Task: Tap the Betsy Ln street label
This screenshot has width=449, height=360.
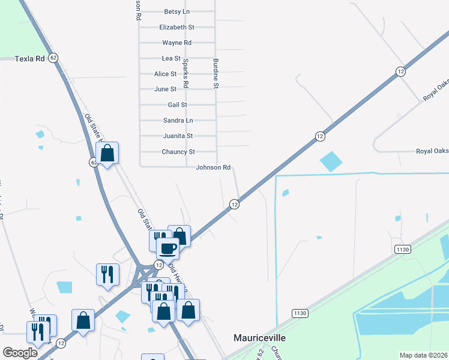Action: pyautogui.click(x=176, y=11)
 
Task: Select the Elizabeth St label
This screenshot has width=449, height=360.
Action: pyautogui.click(x=176, y=27)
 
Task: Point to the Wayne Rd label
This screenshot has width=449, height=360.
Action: pyautogui.click(x=176, y=43)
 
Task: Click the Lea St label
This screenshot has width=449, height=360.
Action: pyautogui.click(x=171, y=58)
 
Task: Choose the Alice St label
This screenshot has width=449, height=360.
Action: pyautogui.click(x=166, y=74)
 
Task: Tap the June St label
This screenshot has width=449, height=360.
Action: pyautogui.click(x=166, y=89)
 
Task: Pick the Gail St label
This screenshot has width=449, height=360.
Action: pyautogui.click(x=178, y=104)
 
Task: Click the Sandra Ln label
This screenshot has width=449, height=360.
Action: pyautogui.click(x=178, y=120)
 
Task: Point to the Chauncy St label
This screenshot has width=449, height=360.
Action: pyautogui.click(x=178, y=152)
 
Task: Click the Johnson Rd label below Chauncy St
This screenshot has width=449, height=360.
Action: pyautogui.click(x=213, y=167)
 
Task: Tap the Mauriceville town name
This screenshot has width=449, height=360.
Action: pyautogui.click(x=259, y=338)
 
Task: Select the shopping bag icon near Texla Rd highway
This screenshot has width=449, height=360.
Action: pyautogui.click(x=107, y=154)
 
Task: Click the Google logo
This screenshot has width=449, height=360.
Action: pyautogui.click(x=20, y=353)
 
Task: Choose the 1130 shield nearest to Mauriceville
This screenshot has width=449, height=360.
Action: pyautogui.click(x=300, y=313)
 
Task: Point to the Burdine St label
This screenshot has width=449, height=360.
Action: pyautogui.click(x=215, y=74)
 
